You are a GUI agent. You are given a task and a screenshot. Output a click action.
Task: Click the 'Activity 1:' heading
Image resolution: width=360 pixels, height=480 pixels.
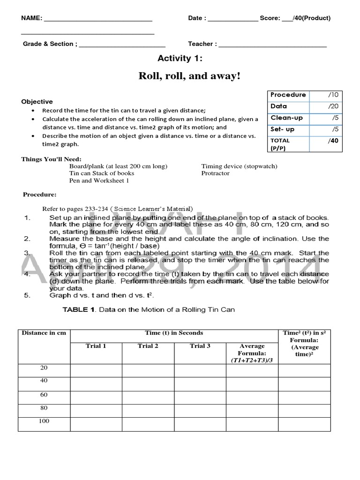click(x=180, y=58)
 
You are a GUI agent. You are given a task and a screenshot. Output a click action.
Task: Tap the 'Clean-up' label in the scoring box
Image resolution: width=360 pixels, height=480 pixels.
click(x=286, y=118)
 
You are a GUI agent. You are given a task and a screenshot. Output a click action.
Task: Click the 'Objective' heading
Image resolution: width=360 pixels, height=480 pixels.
click(x=37, y=102)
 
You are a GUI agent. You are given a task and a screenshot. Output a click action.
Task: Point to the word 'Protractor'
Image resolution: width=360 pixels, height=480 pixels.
click(x=216, y=173)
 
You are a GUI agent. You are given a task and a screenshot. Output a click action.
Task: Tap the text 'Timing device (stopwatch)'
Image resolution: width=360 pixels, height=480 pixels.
click(x=239, y=166)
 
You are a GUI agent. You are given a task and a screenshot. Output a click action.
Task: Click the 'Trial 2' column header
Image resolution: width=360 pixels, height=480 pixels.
click(x=148, y=346)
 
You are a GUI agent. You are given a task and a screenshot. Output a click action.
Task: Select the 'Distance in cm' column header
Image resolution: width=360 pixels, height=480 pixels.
click(x=44, y=333)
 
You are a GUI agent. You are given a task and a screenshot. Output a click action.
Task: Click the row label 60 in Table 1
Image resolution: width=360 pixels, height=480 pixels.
click(x=44, y=395)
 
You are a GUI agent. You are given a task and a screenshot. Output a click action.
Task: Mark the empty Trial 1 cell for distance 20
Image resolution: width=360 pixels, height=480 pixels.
click(x=96, y=370)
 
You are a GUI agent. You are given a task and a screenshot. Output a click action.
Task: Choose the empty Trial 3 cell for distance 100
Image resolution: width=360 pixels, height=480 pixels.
click(x=200, y=424)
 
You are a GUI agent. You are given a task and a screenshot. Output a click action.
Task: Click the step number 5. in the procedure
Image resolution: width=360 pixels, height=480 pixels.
click(x=27, y=296)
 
